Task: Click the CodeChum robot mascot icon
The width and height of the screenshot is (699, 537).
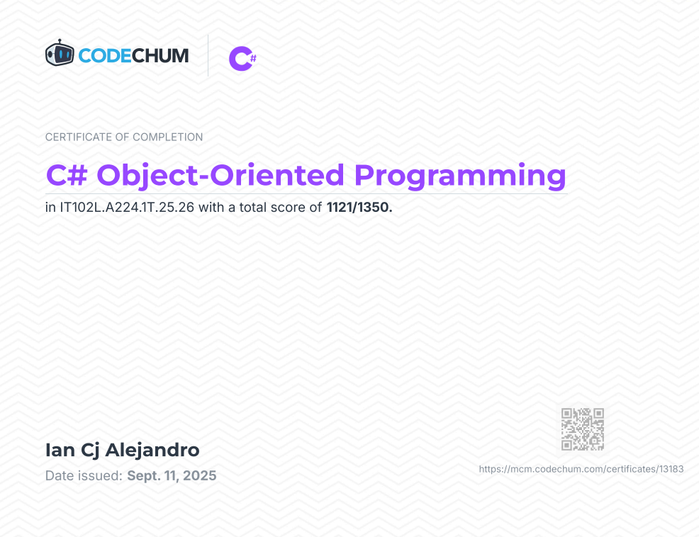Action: (60, 53)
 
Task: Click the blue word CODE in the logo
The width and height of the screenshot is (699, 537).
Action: (105, 56)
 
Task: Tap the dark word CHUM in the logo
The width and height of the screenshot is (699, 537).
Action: (160, 56)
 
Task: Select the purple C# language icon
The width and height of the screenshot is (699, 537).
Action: (242, 58)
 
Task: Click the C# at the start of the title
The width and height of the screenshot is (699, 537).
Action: (67, 175)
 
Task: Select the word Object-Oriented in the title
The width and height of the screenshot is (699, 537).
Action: (220, 175)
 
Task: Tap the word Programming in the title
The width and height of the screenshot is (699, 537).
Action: (461, 176)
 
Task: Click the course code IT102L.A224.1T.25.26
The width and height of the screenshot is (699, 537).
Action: (127, 208)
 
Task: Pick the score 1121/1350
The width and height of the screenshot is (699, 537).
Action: (359, 208)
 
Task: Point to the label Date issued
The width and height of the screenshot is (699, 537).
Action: (84, 476)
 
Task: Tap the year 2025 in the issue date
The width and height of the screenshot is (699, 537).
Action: (199, 476)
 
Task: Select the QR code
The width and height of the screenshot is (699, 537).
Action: (583, 429)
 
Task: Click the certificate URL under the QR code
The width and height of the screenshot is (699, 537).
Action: (581, 469)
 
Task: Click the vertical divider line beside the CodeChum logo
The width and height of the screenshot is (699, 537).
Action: (208, 56)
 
